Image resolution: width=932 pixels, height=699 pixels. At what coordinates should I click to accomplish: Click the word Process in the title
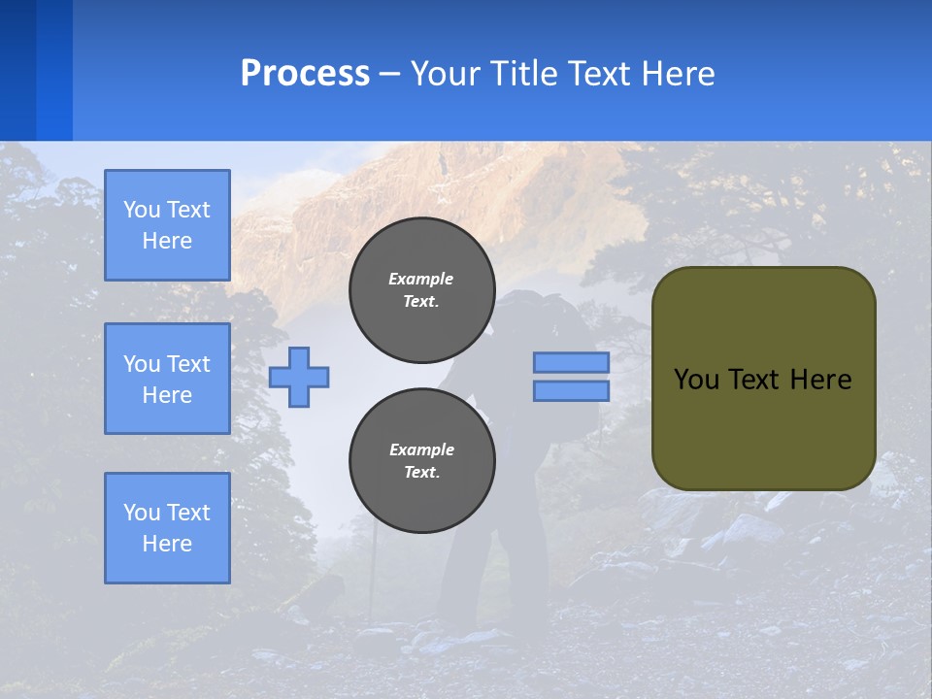(x=305, y=74)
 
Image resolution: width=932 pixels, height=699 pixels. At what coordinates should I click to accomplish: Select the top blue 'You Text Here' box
(x=167, y=225)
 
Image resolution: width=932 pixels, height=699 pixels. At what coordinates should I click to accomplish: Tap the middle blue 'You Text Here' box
(x=167, y=379)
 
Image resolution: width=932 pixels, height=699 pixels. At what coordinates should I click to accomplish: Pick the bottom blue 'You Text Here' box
(x=167, y=528)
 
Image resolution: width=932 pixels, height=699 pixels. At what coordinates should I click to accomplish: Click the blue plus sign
(x=299, y=377)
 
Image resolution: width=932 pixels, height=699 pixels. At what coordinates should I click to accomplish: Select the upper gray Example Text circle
(x=421, y=290)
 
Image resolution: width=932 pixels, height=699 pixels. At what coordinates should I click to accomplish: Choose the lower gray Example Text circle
(x=421, y=461)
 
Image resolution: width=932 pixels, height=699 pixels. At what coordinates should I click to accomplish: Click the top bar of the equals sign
(x=571, y=362)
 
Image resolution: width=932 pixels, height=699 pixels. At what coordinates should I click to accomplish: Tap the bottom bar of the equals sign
(x=571, y=391)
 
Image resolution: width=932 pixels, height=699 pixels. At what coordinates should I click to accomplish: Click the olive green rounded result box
(x=763, y=427)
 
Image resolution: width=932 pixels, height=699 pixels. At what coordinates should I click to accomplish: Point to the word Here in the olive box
(x=820, y=380)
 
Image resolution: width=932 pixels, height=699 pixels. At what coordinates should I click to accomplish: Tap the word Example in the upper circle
(x=421, y=279)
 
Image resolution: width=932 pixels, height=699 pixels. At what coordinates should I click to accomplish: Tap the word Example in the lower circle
(x=421, y=449)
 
